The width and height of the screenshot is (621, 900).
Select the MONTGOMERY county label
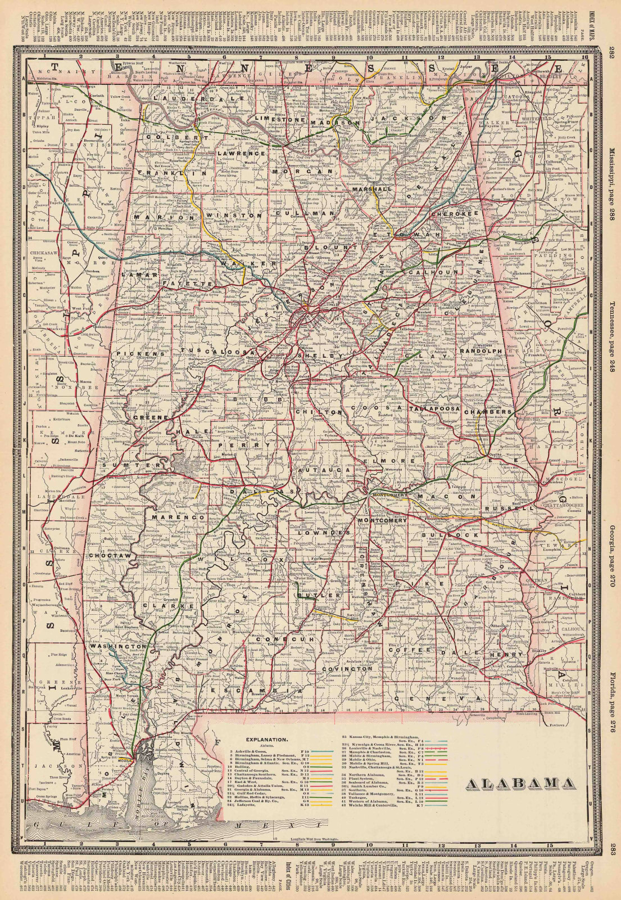[383, 521]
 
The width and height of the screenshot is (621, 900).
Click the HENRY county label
[501, 655]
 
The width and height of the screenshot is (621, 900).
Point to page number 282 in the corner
[612, 52]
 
